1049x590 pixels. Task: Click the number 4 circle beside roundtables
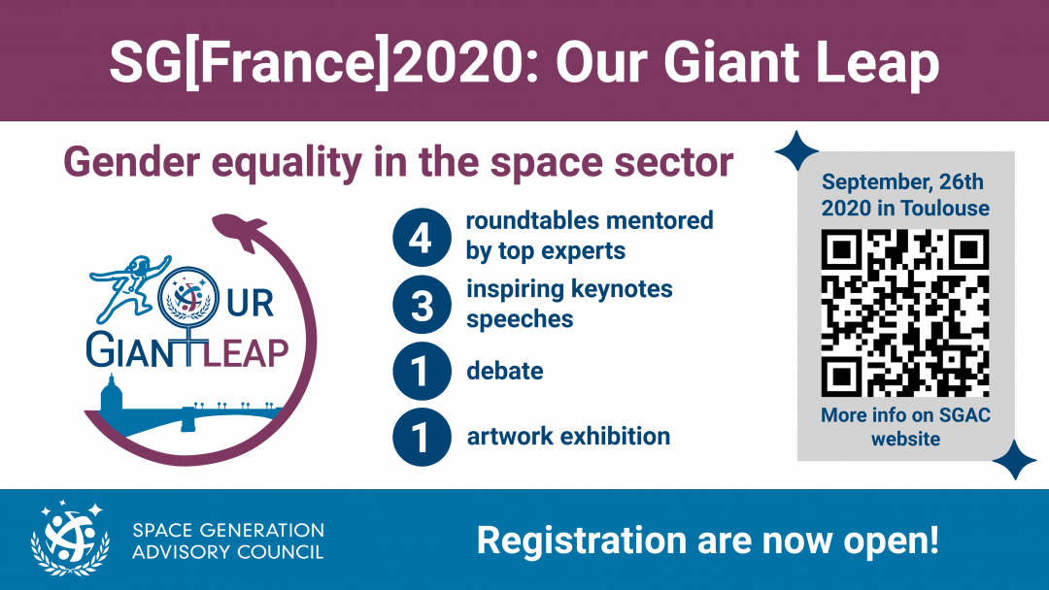pyautogui.click(x=422, y=238)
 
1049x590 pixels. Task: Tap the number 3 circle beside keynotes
pyautogui.click(x=422, y=305)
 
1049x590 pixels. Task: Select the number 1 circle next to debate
pyautogui.click(x=422, y=371)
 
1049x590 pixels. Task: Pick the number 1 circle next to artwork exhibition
pyautogui.click(x=422, y=437)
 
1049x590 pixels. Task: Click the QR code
pyautogui.click(x=905, y=312)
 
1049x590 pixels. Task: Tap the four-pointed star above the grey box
pyautogui.click(x=796, y=151)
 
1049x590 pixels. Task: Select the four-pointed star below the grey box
pyautogui.click(x=1014, y=460)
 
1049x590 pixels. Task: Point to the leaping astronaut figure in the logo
pyautogui.click(x=130, y=287)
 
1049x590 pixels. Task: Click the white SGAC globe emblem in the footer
pyautogui.click(x=70, y=538)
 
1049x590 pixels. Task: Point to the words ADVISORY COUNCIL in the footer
pyautogui.click(x=228, y=552)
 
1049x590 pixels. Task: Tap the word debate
pyautogui.click(x=505, y=371)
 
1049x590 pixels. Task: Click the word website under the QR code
pyautogui.click(x=905, y=439)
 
